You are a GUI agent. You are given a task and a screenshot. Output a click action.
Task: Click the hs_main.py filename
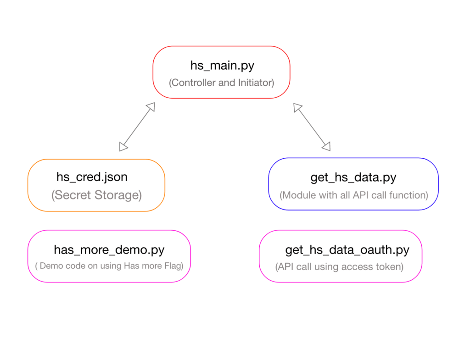tap(222, 65)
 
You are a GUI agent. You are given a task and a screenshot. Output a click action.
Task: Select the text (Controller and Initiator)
tap(221, 83)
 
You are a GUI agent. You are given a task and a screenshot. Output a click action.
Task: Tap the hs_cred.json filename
tap(92, 177)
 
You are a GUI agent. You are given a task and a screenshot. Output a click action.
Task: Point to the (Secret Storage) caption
tap(96, 195)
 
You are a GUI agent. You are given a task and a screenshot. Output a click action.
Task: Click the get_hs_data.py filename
tap(353, 177)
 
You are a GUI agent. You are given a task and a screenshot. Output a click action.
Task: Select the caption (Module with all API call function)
tap(353, 195)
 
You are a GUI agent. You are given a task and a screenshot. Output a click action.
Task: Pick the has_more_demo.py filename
tap(109, 250)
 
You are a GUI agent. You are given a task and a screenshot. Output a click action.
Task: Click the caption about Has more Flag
tap(109, 266)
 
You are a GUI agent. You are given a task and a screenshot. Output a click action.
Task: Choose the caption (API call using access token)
tap(340, 266)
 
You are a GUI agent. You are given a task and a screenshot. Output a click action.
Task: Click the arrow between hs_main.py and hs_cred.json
tap(137, 127)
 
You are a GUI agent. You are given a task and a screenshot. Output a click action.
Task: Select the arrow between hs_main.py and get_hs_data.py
tap(312, 127)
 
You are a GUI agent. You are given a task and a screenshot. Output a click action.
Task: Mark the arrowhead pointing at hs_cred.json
tap(123, 146)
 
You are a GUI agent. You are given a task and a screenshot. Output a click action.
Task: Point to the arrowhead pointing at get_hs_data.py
tap(326, 146)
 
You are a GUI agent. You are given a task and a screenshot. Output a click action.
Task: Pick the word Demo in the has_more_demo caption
tap(50, 266)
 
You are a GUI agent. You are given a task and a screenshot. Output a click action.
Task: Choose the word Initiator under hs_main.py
tap(255, 83)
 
